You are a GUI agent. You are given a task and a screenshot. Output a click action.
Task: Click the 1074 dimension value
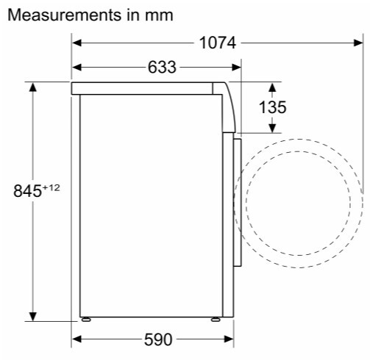[218, 43]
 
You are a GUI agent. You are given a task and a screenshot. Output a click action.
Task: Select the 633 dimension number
[162, 67]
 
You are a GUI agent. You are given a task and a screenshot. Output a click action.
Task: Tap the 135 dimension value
[272, 107]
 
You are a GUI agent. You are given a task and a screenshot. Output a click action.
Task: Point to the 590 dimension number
[158, 339]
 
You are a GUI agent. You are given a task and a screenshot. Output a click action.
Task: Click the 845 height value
[27, 191]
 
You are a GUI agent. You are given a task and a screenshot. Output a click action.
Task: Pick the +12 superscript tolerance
[51, 187]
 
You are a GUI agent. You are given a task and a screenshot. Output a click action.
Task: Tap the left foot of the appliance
[86, 320]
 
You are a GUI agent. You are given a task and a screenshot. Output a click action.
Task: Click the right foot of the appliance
[216, 320]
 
